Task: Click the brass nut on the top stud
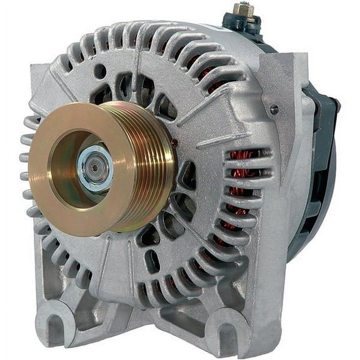[243, 9]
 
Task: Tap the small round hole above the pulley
[100, 72]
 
